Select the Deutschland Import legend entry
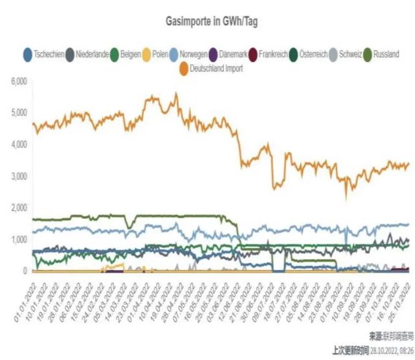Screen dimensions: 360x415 click(214, 67)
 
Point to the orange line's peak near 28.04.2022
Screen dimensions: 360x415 click(176, 94)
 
